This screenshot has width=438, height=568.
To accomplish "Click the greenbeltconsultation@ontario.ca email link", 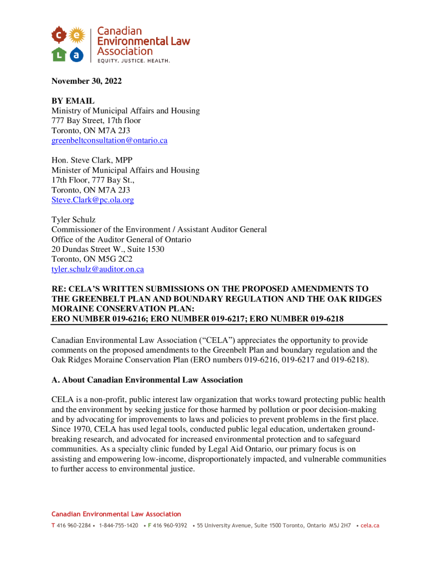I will point(109,141).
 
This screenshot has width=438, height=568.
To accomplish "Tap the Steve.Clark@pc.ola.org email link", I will point(92,200).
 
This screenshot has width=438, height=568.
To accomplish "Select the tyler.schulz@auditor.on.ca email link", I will point(97,270).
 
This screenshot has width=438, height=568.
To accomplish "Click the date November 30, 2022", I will point(86,82).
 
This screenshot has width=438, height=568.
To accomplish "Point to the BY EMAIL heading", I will point(73,101).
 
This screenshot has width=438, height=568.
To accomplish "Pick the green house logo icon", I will point(59,54).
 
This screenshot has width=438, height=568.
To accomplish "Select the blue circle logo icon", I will point(77,54).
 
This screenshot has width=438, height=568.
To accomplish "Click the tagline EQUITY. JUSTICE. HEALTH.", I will point(133,60).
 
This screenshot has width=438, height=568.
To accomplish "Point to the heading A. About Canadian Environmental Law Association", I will point(147,380).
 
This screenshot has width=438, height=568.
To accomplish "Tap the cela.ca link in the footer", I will point(369,525).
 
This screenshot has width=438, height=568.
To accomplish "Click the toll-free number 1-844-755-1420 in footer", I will point(118,525).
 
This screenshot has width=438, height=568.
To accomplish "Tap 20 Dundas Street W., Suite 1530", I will point(107,250).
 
